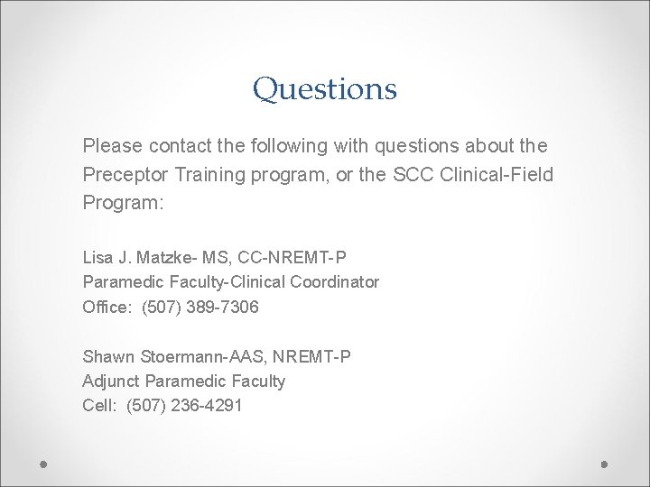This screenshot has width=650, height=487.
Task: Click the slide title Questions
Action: [325, 89]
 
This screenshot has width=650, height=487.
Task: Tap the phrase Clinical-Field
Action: [500, 172]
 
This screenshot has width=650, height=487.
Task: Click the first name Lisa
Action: [97, 257]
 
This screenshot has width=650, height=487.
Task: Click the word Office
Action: [105, 308]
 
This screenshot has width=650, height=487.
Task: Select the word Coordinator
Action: [336, 282]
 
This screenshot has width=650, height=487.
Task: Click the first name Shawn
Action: [105, 356]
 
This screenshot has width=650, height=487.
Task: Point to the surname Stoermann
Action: [172, 356]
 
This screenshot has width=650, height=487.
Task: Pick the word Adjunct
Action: [109, 381]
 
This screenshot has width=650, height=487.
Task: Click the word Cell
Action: [97, 406]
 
